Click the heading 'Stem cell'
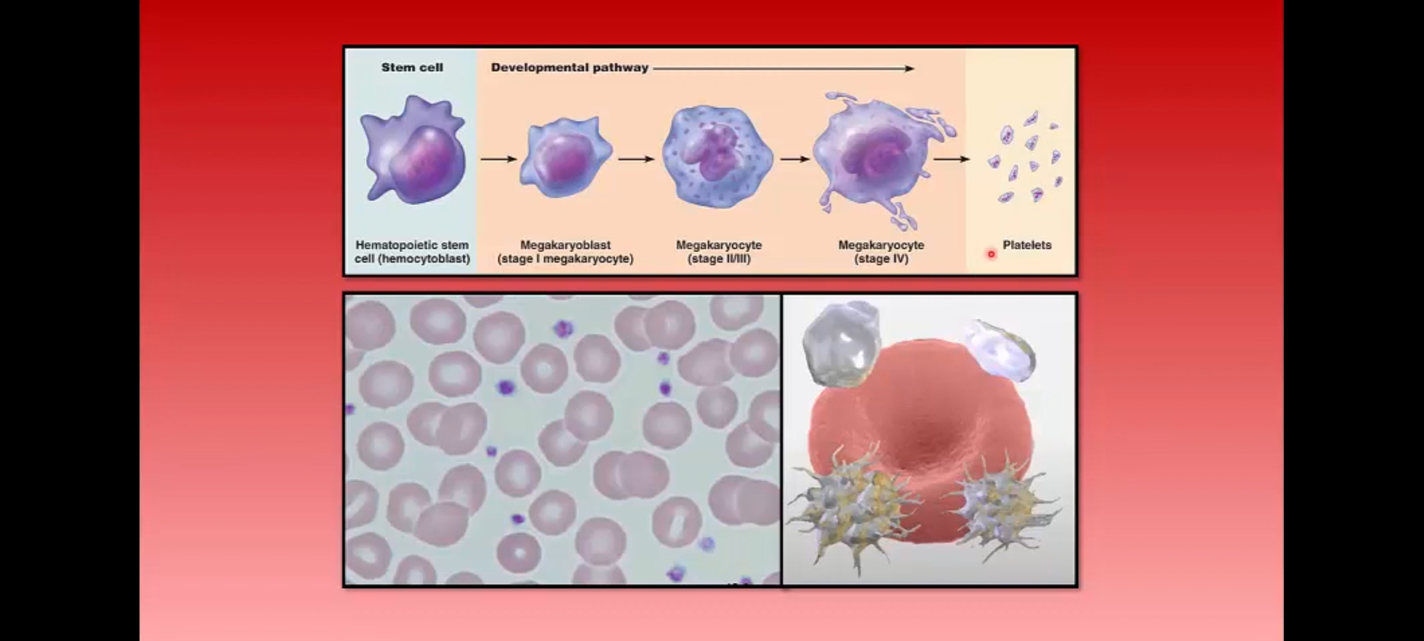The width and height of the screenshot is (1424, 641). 412,68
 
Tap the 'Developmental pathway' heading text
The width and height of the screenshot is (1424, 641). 570,68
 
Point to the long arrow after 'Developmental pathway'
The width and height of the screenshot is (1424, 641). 783,69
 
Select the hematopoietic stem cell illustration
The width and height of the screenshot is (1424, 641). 413,150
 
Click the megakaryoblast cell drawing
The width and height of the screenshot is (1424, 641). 565,157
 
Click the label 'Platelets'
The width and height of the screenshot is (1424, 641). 1027,245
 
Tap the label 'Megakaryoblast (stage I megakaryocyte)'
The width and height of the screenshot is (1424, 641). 565,252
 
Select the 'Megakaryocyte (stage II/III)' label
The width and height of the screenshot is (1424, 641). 719,252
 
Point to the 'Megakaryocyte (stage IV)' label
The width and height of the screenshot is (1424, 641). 881,252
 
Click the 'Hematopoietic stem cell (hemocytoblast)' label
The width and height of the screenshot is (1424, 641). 412,252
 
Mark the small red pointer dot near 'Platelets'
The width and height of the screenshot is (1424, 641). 991,255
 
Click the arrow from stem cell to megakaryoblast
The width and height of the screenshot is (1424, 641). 498,159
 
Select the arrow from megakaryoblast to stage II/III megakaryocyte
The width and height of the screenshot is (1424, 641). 636,159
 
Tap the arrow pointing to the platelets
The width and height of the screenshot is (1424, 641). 952,159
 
